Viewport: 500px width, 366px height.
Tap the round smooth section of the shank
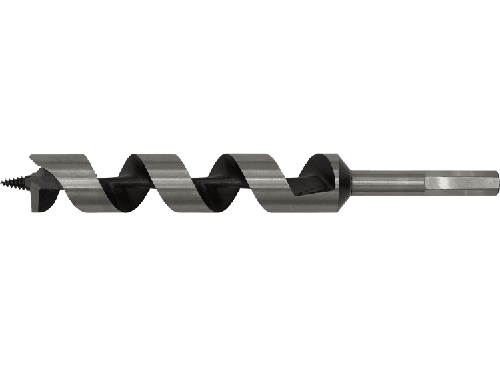pos(387,181)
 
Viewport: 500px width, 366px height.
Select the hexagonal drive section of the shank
pos(460,181)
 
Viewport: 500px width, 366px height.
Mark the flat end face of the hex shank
pos(497,181)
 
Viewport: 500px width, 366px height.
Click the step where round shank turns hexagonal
pos(423,181)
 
